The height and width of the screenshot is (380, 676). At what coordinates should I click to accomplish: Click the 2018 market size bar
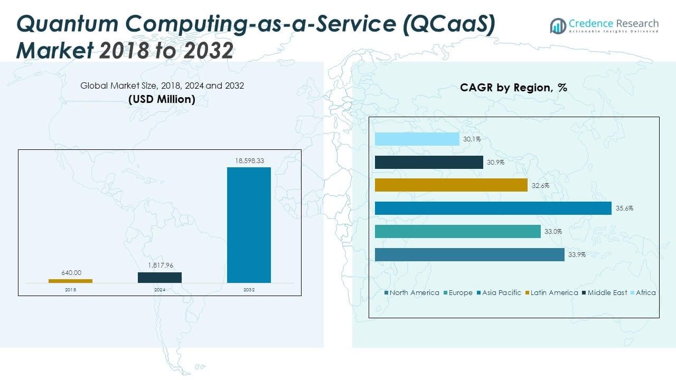(x=70, y=281)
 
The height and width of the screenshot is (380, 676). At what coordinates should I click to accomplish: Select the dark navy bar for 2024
(x=159, y=278)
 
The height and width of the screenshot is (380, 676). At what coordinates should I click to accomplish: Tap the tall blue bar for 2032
(x=249, y=225)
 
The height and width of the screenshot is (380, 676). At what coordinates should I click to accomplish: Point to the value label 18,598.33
(x=249, y=160)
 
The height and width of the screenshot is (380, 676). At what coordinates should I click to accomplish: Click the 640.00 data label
(x=71, y=273)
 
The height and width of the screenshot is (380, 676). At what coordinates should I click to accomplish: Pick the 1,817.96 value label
(x=159, y=265)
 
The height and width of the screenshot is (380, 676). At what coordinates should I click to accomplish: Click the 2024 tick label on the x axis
(x=159, y=290)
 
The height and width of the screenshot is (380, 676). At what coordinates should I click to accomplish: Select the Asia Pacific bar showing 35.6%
(x=493, y=208)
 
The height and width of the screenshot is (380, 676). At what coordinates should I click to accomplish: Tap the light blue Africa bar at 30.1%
(x=417, y=139)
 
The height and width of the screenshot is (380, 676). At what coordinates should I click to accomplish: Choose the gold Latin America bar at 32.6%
(x=451, y=185)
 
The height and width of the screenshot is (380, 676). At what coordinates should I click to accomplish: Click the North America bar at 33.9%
(x=470, y=255)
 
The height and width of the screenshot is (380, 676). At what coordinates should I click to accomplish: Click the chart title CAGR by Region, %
(x=513, y=88)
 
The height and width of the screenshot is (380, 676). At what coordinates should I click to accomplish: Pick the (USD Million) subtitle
(x=162, y=99)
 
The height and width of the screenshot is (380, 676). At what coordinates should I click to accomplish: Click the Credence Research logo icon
(x=558, y=25)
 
